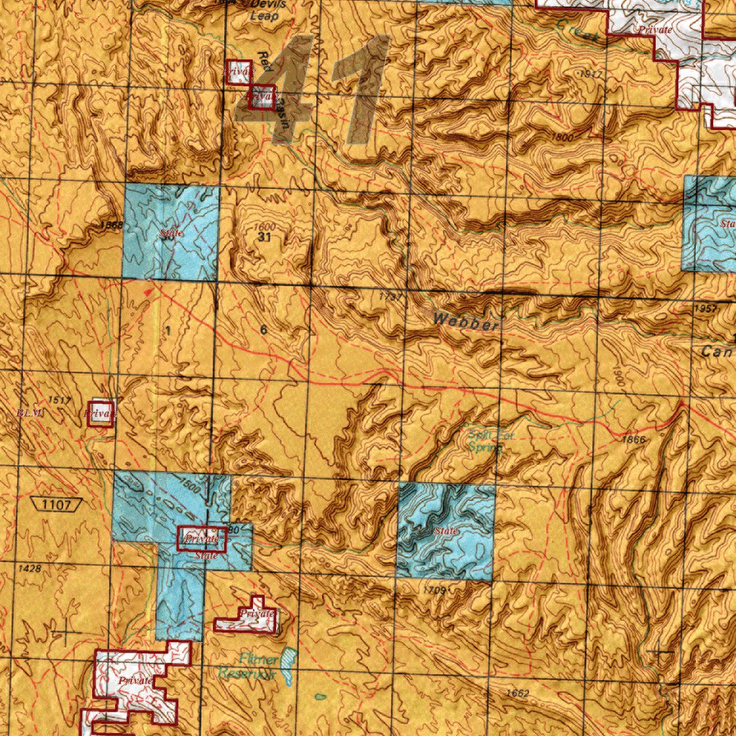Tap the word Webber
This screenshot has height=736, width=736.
pos(465,321)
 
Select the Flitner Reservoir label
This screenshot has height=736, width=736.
pos(248,667)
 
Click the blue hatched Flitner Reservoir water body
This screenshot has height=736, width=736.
pos(289,658)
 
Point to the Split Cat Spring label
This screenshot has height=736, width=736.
pos(484,440)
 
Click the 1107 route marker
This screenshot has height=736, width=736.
pos(56,505)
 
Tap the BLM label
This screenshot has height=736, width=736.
pos(30,413)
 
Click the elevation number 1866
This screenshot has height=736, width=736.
pos(635,439)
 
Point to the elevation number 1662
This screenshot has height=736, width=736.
pos(517,693)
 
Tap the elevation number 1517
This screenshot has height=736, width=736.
pos(60,399)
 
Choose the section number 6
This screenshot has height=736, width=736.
pos(264,331)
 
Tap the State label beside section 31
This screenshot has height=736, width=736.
pos(171,233)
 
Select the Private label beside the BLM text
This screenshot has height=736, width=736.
pos(100,414)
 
